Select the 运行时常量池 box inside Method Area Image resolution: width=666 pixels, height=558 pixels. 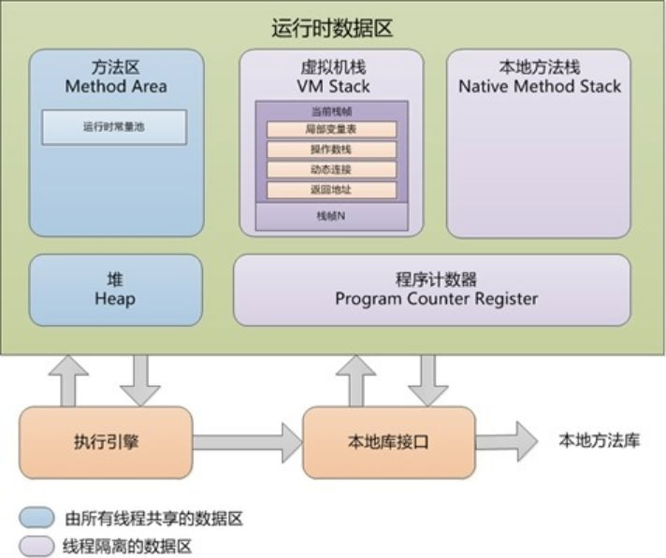tap(114, 127)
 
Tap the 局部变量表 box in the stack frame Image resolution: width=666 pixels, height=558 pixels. tap(331, 129)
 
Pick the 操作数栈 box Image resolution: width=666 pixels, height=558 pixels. tap(331, 150)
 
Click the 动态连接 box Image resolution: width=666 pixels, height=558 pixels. tap(331, 170)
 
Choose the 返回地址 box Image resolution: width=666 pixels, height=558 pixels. tap(331, 191)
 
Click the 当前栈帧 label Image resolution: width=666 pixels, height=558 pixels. tap(331, 111)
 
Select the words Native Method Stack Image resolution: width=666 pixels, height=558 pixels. tap(540, 87)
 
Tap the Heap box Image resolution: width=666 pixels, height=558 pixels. tap(115, 290)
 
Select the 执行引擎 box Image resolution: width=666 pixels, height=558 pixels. tap(106, 442)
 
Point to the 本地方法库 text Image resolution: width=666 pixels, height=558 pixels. tap(599, 441)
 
